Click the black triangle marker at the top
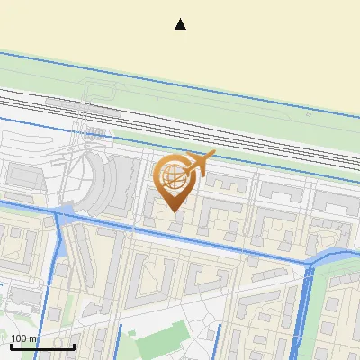(x=181, y=24)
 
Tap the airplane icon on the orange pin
(x=200, y=163)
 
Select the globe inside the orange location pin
(x=173, y=175)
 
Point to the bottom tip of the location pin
(x=174, y=211)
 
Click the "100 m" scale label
(x=24, y=338)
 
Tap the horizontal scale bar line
(x=42, y=347)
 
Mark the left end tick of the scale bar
(x=10, y=346)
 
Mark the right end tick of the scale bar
(x=75, y=346)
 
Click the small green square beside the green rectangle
(x=131, y=334)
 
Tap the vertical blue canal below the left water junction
(x=60, y=270)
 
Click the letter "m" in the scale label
(x=33, y=338)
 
